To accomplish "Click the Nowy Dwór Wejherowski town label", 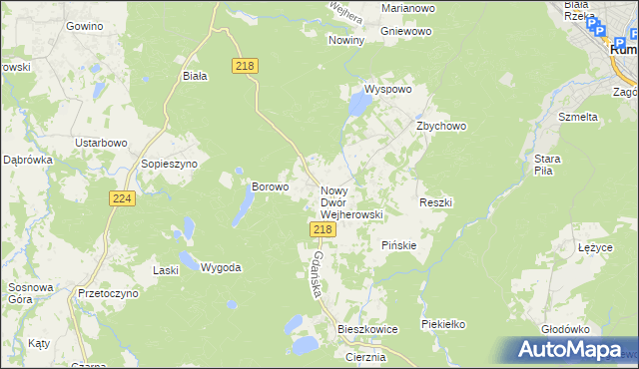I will (350, 201).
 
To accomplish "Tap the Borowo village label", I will (270, 185).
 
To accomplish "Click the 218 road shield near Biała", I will (246, 66).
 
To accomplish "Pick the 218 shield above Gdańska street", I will (321, 229).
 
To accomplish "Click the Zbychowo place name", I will (441, 127).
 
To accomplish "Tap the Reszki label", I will (436, 202).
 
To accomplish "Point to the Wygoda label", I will (221, 267).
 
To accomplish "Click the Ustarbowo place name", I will (103, 143).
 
